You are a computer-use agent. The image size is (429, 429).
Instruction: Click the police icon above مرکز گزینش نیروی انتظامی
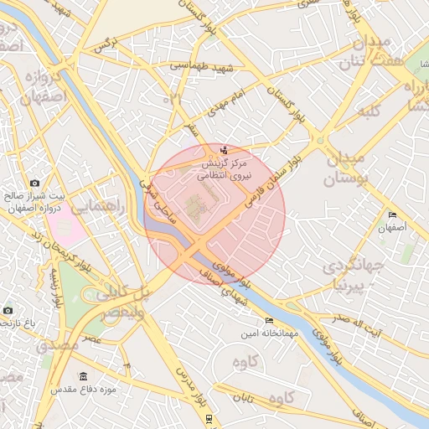click(223, 151)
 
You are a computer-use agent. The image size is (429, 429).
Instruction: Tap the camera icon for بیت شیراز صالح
click(34, 183)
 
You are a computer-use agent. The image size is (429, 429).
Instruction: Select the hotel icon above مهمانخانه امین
click(269, 321)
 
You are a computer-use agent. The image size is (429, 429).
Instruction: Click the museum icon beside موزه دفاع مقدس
click(82, 376)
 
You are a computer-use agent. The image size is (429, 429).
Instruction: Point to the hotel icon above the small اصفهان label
click(392, 215)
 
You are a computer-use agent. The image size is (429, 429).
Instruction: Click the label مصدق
click(59, 344)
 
